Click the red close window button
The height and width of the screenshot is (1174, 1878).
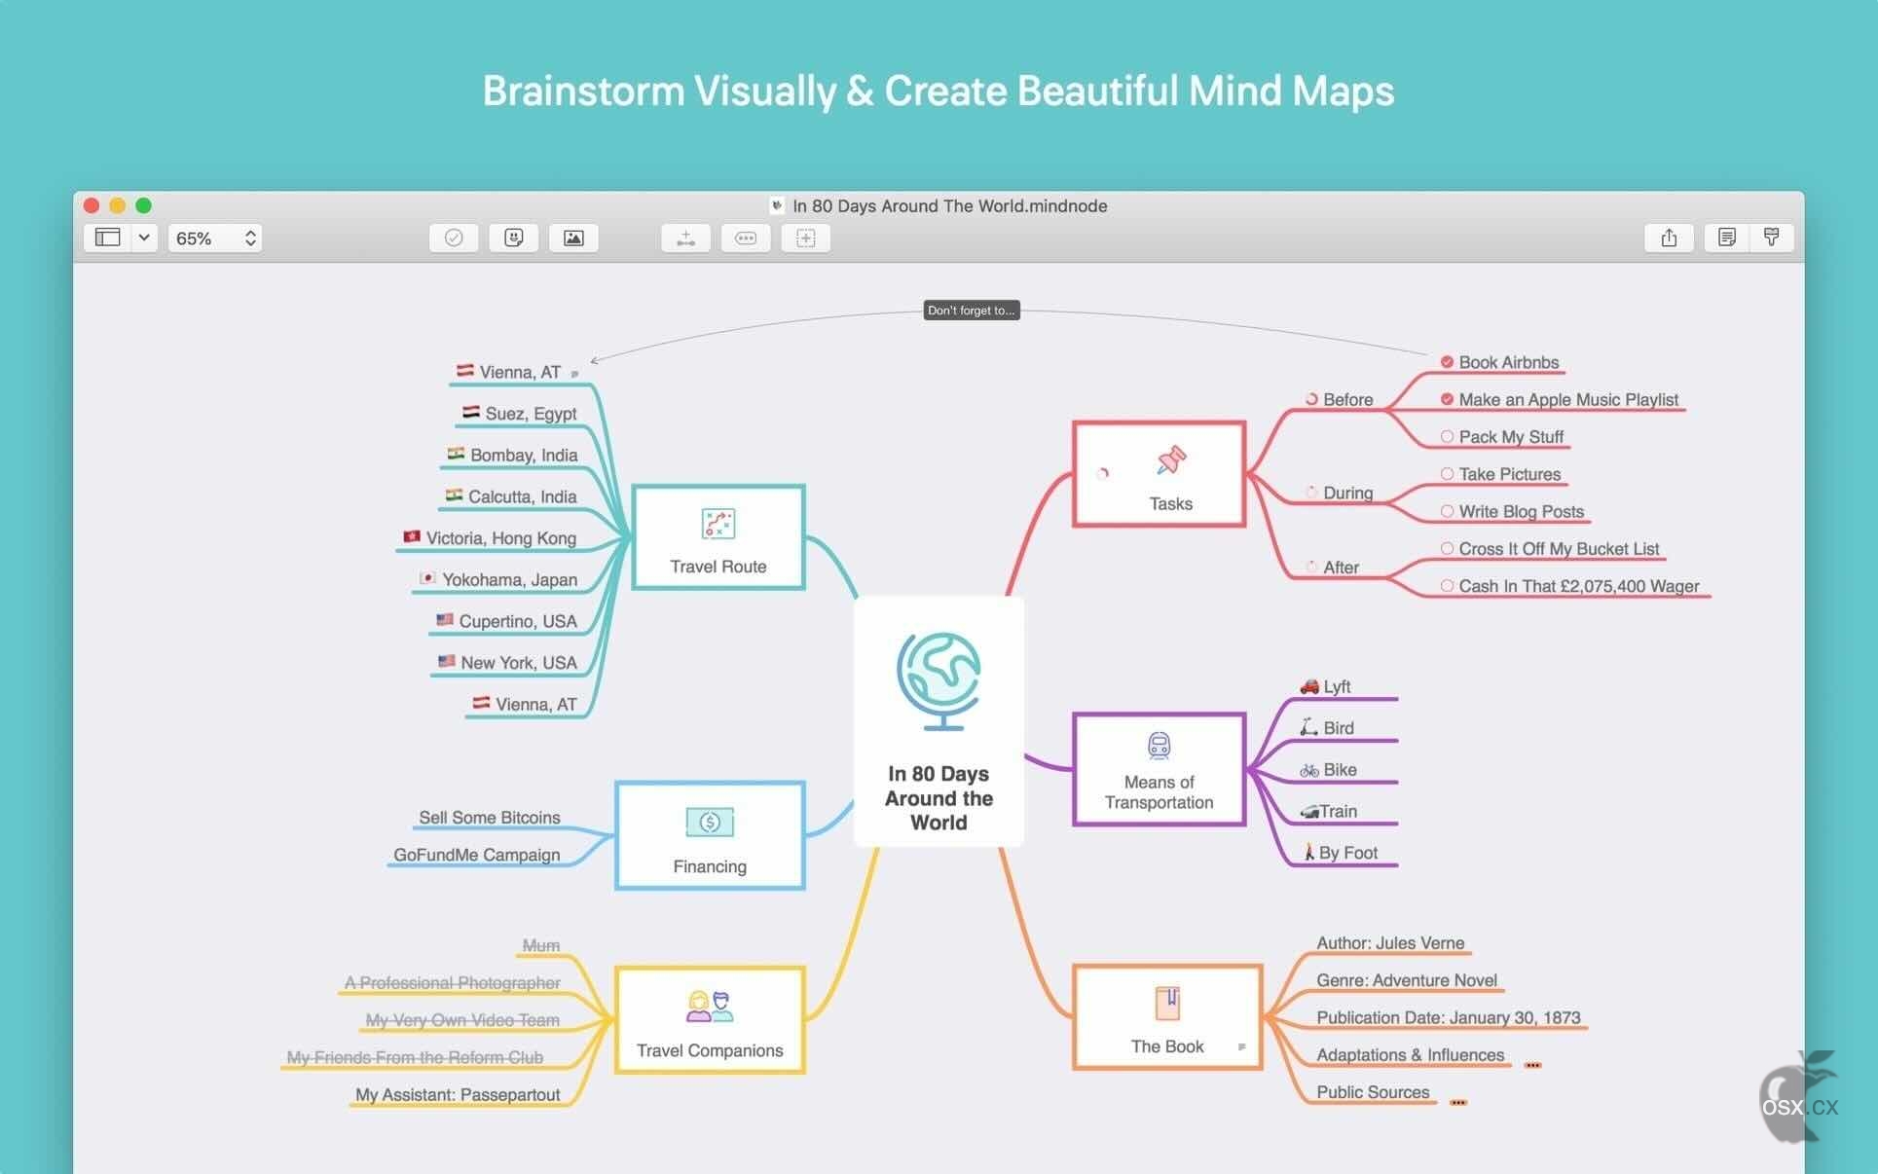pos(92,205)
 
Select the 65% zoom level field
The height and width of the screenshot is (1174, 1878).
pos(215,238)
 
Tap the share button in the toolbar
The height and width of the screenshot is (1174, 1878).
pos(1669,238)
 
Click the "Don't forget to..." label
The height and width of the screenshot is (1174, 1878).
pos(972,311)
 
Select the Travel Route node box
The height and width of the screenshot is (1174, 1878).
pos(718,537)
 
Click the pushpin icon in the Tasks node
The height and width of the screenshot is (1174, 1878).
pos(1171,459)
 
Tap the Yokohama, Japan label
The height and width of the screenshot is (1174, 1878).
pos(509,579)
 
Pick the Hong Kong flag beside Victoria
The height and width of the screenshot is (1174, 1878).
pos(412,536)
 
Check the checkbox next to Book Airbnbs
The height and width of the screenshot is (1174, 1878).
pos(1447,362)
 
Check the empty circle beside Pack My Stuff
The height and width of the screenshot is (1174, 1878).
pos(1447,437)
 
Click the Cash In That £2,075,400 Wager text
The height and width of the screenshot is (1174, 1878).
pos(1579,586)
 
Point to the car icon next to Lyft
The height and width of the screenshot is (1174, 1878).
pos(1309,686)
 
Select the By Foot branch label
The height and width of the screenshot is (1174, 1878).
pos(1348,853)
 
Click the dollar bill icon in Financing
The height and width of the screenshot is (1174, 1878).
pos(710,823)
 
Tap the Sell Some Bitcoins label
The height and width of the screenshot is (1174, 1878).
pos(490,818)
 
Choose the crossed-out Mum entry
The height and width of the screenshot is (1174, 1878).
pos(541,945)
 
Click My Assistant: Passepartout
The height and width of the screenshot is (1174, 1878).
pos(458,1095)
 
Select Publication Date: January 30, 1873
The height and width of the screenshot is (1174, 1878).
pos(1449,1017)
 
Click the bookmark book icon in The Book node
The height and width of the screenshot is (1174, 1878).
pos(1167,1004)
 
